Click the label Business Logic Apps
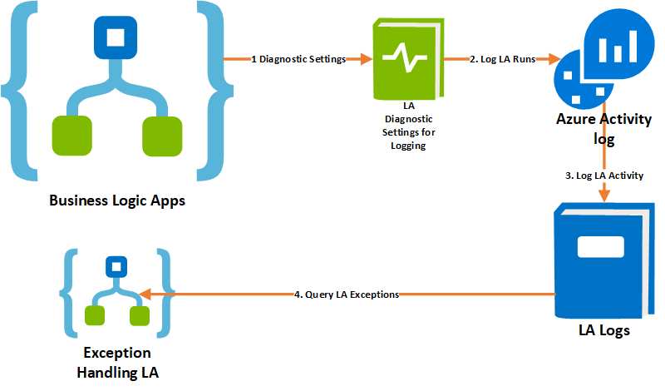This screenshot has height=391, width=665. (116, 200)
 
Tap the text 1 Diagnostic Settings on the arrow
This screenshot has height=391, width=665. (298, 59)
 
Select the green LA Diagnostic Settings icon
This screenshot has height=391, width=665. (405, 60)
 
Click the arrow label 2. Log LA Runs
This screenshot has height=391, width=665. (501, 59)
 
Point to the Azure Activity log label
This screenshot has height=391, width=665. (603, 127)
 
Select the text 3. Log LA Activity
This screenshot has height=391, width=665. (604, 176)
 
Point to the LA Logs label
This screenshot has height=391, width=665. (603, 330)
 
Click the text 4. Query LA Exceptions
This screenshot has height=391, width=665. (347, 294)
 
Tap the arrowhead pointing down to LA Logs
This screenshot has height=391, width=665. (603, 195)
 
